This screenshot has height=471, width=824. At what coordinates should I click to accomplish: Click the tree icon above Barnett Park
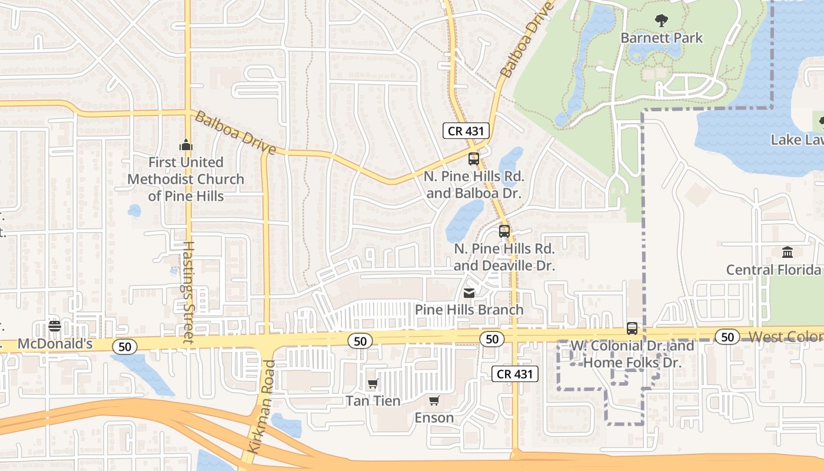coord(662,21)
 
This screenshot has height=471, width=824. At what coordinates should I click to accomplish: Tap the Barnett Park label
coord(662,38)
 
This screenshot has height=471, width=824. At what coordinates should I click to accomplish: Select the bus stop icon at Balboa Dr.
coord(474,158)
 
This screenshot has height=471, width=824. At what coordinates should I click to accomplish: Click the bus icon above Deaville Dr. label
coord(504,231)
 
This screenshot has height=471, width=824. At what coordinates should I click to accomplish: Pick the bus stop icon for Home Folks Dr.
coord(632,328)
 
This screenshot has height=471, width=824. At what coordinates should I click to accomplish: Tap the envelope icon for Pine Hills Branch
coord(469,293)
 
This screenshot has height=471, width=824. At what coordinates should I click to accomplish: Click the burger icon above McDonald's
coord(55,326)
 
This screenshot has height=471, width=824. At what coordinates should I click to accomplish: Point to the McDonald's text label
coord(55,344)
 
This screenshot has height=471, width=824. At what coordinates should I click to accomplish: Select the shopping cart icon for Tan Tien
coord(373,384)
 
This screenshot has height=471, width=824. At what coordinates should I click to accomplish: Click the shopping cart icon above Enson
coord(434,401)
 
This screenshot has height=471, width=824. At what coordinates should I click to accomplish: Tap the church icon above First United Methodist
coord(186,144)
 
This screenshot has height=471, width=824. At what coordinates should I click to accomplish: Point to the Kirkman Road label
coord(261,406)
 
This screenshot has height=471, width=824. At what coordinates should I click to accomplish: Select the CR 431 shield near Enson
coord(515,373)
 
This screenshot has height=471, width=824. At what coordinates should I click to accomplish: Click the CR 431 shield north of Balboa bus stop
coord(466,131)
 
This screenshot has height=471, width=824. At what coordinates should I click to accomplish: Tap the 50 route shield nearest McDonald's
coord(125,347)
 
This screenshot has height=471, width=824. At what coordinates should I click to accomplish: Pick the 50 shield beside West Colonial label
coord(728,337)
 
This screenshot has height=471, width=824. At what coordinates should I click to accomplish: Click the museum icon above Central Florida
coord(788,252)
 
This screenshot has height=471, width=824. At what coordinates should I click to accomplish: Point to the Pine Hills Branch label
coord(469,310)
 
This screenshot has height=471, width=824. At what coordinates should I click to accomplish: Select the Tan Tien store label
coord(373,401)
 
